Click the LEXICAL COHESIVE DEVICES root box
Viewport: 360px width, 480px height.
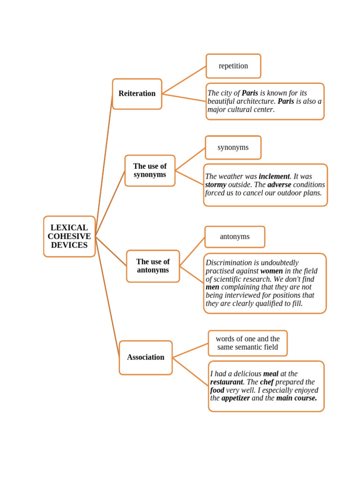(69, 236)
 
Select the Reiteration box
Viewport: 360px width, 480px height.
(137, 94)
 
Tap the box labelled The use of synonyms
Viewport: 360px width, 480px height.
(150, 171)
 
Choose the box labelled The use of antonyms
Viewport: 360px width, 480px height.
(153, 266)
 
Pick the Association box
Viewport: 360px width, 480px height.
(146, 358)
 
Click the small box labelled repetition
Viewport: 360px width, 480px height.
(233, 66)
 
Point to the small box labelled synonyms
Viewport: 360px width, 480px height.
(233, 148)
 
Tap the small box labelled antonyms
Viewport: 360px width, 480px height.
(235, 237)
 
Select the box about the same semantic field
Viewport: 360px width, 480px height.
(247, 343)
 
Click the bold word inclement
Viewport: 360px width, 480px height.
(274, 177)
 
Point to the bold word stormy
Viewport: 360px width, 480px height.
(216, 185)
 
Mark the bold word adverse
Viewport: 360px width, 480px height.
(279, 185)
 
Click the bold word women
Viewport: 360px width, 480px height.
(271, 271)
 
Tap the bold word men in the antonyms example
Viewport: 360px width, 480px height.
(212, 287)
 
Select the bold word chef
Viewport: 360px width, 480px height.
(267, 382)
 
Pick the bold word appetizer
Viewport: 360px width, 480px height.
(235, 398)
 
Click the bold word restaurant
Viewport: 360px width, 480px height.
(226, 382)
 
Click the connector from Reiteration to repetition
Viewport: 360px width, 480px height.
(184, 80)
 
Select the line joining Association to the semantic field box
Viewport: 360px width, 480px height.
(190, 351)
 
